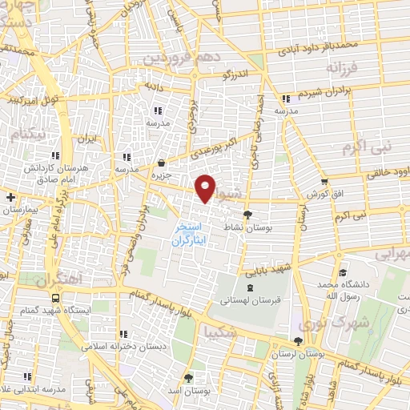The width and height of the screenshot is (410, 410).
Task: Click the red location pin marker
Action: (206, 187)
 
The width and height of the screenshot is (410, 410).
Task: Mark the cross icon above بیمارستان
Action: (10, 196)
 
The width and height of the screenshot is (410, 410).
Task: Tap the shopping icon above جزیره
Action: (162, 162)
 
